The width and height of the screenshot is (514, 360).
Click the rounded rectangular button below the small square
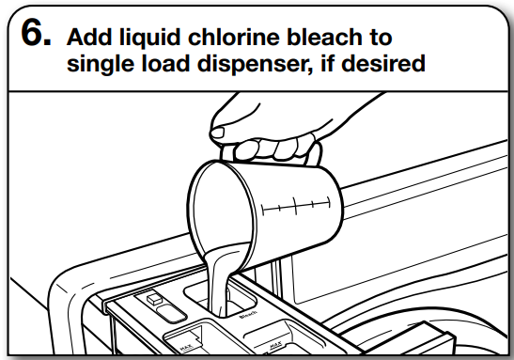(x=166, y=314)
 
